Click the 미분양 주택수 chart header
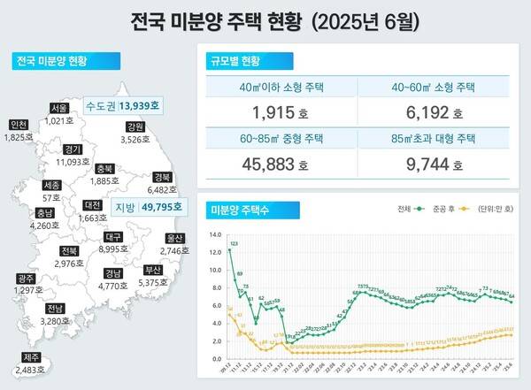[x=241, y=210]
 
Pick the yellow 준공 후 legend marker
[x=463, y=210]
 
